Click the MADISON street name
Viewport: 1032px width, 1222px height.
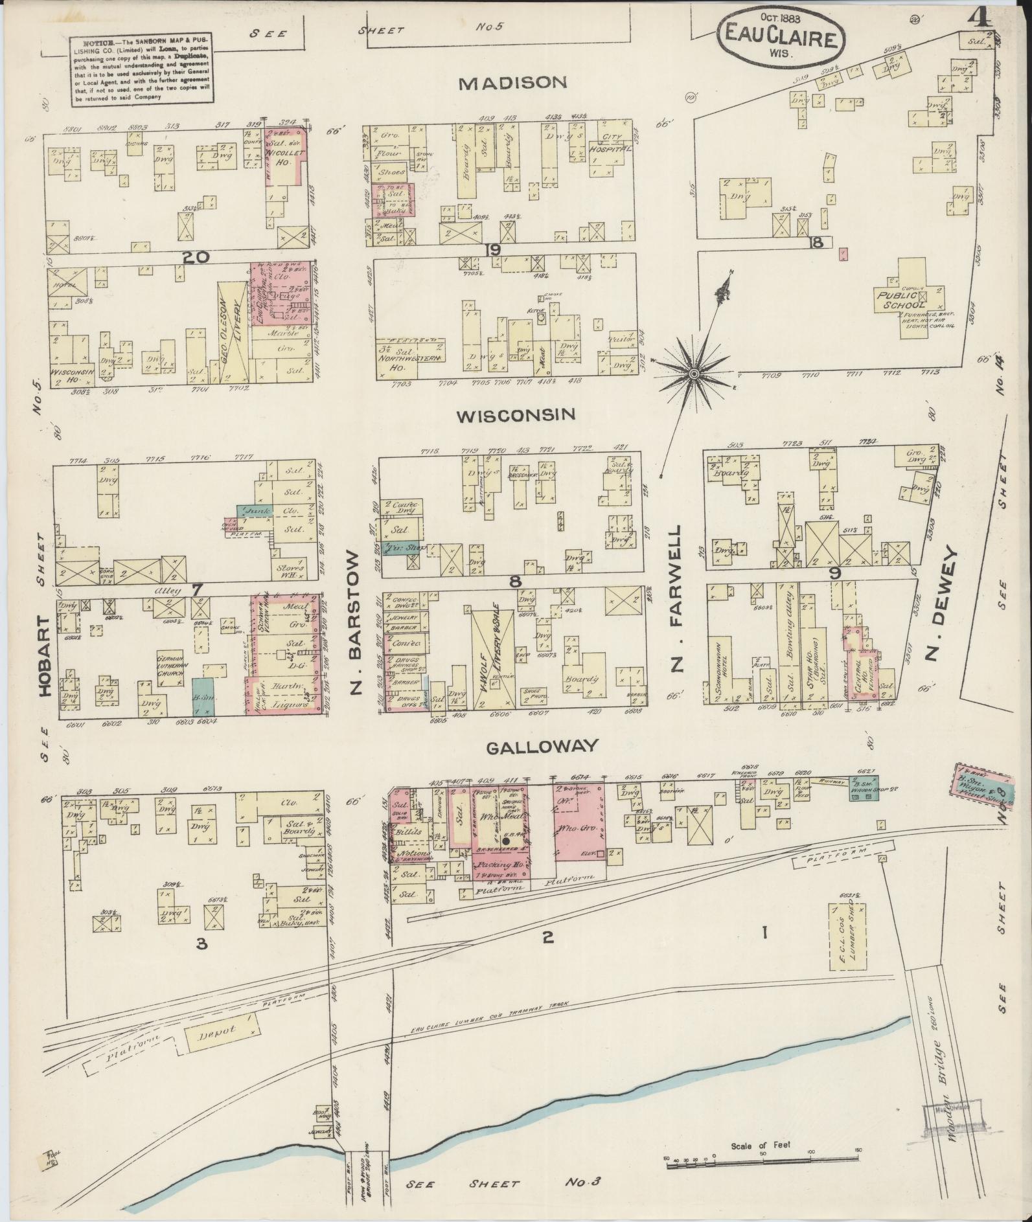click(x=513, y=82)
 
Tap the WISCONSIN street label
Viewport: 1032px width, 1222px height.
click(x=516, y=414)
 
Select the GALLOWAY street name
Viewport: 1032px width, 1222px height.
click(x=541, y=746)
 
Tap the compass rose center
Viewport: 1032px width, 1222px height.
click(x=694, y=374)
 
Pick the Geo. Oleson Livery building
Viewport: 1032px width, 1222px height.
click(x=232, y=329)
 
